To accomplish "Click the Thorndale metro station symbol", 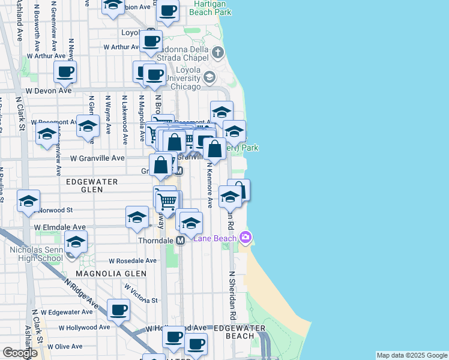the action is (179, 240).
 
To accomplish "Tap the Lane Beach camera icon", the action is (245, 238).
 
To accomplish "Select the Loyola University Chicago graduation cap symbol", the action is (209, 77).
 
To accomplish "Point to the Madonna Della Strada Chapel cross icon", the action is (217, 52).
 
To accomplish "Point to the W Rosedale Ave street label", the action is (133, 261).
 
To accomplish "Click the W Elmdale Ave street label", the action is (60, 228).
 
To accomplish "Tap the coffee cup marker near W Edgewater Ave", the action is (118, 310).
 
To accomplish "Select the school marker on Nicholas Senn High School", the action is (76, 243).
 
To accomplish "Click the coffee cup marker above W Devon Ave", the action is (65, 73).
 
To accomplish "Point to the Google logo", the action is (20, 353).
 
